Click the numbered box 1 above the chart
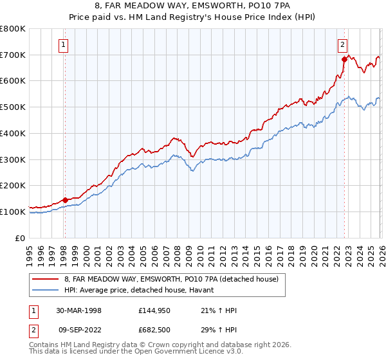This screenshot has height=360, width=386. [x=64, y=45]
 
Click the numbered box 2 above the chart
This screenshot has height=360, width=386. [x=343, y=45]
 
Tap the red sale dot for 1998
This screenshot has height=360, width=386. [x=65, y=199]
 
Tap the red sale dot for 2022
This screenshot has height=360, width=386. [x=345, y=59]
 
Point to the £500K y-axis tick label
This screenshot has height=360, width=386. [x=13, y=107]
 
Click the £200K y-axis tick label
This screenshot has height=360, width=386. [x=13, y=185]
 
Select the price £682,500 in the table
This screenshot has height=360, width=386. [x=154, y=330]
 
